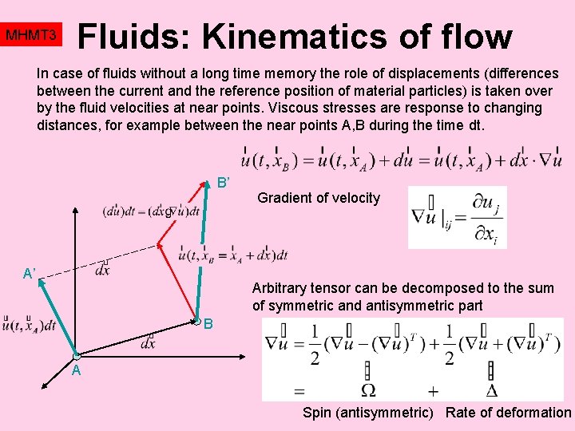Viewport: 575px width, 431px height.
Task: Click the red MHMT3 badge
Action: [x=30, y=36]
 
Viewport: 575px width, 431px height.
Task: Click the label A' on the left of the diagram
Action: [x=30, y=274]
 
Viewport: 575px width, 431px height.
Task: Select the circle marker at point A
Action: [x=76, y=355]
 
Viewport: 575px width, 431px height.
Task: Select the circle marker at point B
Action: [x=197, y=322]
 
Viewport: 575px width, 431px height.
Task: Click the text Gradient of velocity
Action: [x=319, y=198]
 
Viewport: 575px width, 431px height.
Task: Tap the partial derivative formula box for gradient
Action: [x=456, y=217]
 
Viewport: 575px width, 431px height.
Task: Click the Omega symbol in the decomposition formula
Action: [x=367, y=390]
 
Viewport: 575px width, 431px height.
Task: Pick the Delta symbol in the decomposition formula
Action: [x=490, y=390]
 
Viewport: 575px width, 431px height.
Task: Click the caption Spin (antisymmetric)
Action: [x=368, y=413]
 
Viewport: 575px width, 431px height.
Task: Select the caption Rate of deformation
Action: [x=508, y=413]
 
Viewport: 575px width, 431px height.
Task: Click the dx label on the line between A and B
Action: [x=148, y=344]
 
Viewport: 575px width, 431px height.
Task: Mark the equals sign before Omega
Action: [x=299, y=391]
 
